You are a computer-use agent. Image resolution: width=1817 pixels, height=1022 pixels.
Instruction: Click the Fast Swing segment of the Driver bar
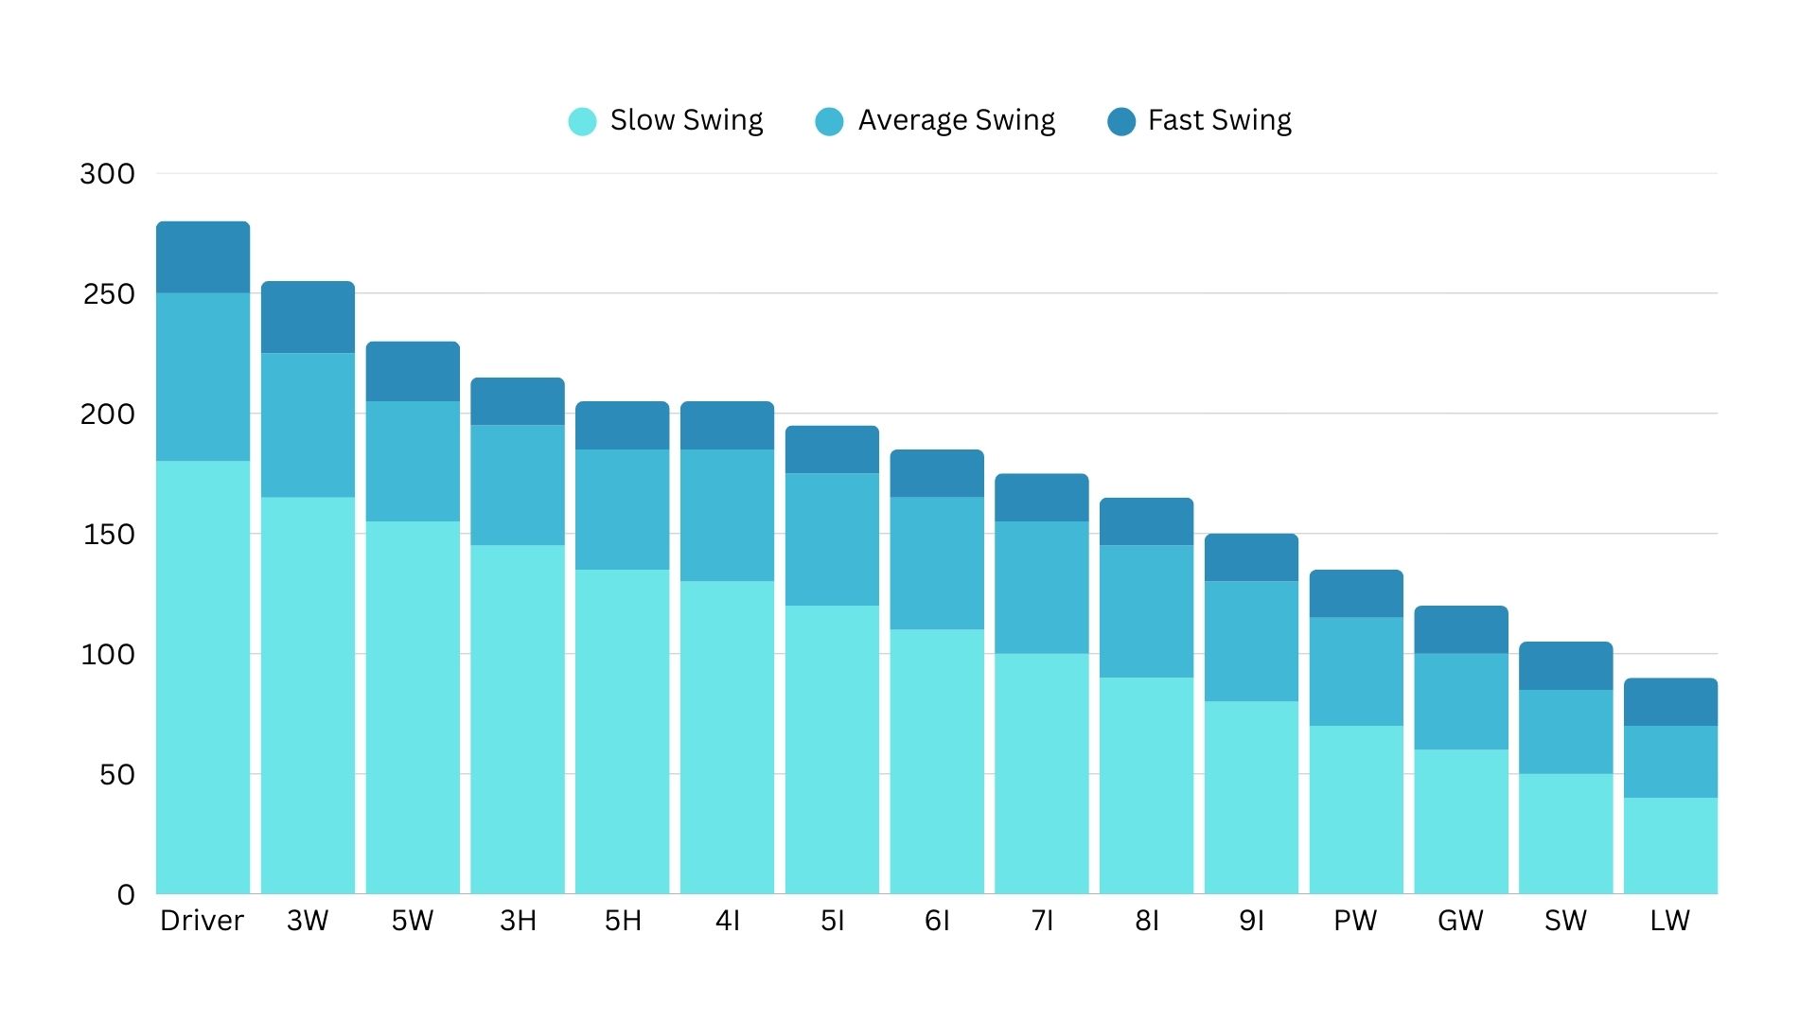coord(203,257)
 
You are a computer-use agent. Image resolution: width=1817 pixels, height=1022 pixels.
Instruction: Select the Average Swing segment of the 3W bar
coord(308,425)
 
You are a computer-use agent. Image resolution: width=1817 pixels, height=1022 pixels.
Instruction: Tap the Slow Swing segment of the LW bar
coord(1670,845)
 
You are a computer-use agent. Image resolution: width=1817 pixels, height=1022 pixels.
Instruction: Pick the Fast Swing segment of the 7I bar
coord(1041,498)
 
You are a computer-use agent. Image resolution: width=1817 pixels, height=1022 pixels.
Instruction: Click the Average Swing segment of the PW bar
coord(1356,671)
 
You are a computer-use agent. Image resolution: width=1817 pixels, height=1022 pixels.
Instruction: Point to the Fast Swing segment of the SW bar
coord(1565,666)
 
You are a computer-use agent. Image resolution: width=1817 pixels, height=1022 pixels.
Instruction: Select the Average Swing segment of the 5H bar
coord(622,509)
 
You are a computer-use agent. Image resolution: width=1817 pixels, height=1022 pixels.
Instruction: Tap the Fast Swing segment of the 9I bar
coord(1251,557)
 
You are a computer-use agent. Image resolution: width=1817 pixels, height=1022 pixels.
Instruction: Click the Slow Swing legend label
coord(686,120)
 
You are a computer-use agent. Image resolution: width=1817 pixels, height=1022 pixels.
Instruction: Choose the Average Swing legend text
coord(956,120)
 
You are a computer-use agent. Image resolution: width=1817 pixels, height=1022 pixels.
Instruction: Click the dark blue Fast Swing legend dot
coord(1121,121)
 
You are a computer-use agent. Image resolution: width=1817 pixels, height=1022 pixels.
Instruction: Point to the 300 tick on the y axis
coord(107,174)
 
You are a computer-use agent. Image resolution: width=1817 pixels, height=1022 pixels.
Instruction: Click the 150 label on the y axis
coord(109,535)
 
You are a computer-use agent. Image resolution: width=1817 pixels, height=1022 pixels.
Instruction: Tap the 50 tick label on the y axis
coord(116,775)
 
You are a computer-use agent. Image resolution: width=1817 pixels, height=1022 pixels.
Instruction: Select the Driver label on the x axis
coord(202,921)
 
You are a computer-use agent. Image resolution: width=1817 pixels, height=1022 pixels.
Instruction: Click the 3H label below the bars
coord(518,921)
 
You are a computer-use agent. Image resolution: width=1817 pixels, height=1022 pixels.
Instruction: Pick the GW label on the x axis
coord(1460,921)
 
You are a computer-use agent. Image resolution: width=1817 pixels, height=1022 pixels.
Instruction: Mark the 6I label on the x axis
coord(937,921)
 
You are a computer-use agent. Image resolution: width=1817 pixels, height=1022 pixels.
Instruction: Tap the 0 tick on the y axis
coord(126,895)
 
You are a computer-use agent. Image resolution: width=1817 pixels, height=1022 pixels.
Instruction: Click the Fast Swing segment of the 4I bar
coord(727,426)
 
